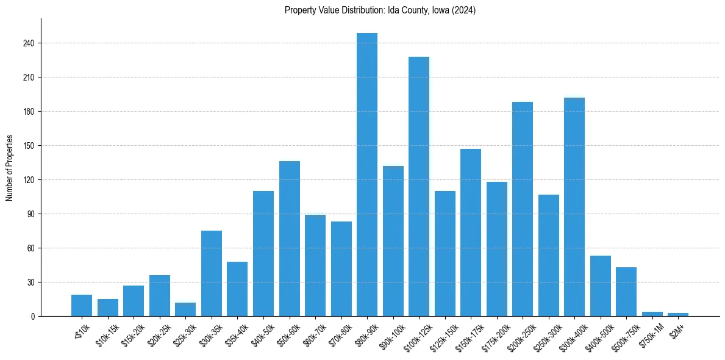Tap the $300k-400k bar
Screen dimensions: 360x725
click(x=574, y=207)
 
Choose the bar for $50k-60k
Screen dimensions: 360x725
click(x=290, y=239)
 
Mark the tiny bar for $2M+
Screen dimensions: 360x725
click(x=678, y=315)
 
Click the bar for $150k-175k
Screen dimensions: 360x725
click(x=471, y=232)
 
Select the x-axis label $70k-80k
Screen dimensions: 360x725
click(x=339, y=334)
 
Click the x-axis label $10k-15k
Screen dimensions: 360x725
click(x=106, y=334)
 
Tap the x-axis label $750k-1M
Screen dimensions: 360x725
click(x=651, y=335)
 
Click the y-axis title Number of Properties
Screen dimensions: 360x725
click(x=9, y=168)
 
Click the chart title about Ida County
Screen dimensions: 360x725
click(x=380, y=10)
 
